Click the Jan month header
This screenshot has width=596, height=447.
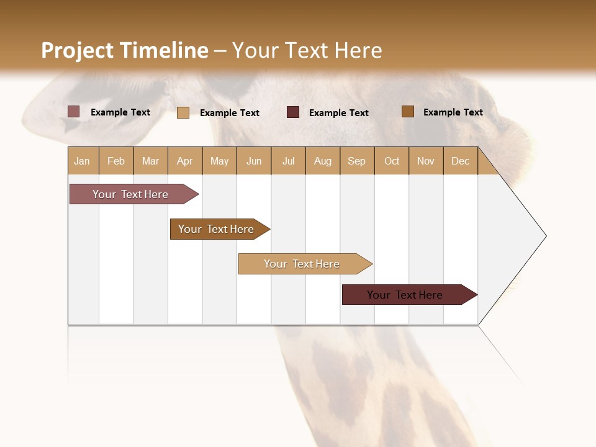(83, 161)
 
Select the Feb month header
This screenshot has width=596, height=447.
(116, 161)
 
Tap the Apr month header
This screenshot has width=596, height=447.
(185, 161)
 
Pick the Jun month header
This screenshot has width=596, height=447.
(254, 161)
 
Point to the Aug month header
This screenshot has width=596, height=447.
(323, 161)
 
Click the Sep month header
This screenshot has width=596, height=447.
(357, 161)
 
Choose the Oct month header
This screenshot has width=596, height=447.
(392, 161)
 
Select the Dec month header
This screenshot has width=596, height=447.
(461, 161)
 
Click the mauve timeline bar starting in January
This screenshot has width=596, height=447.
(131, 194)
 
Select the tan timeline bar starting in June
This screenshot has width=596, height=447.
(302, 264)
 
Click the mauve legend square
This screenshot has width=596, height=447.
(74, 112)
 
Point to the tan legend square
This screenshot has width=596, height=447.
(183, 112)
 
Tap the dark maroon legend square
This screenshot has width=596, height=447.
(293, 112)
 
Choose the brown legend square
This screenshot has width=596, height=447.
(408, 112)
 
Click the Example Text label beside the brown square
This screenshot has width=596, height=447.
(453, 112)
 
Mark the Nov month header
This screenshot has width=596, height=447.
(426, 161)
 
